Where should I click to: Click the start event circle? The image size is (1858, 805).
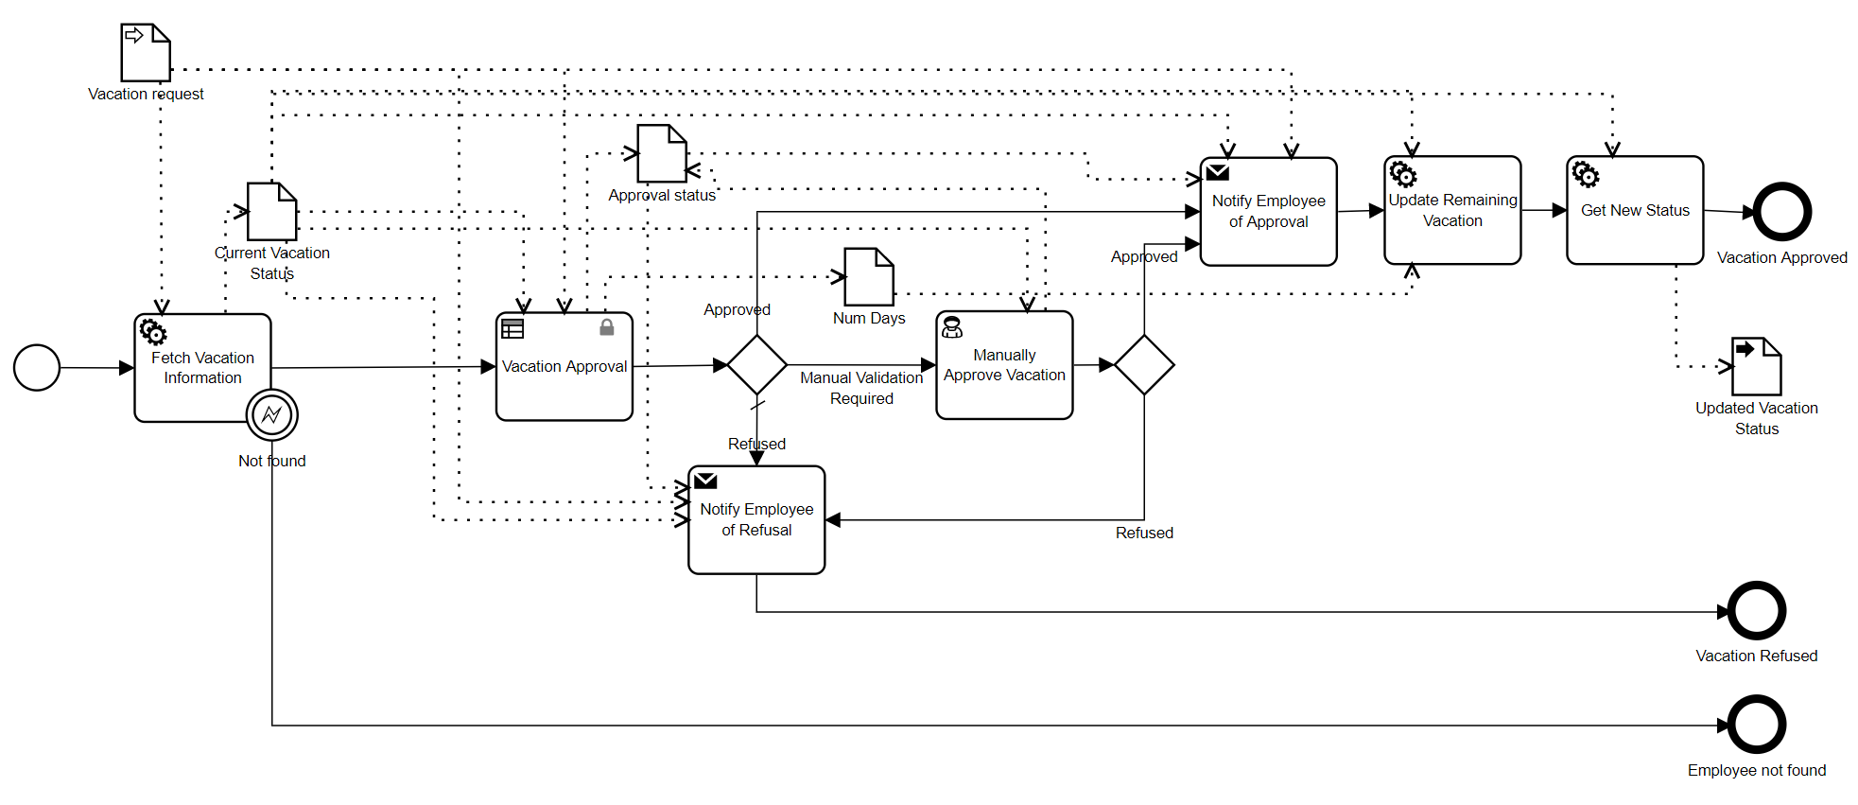coord(37,368)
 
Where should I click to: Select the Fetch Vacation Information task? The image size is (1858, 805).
coord(202,367)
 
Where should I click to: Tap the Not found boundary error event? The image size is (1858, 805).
coord(272,414)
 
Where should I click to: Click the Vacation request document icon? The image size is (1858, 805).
coord(146,53)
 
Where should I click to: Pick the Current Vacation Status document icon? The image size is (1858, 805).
coord(272,212)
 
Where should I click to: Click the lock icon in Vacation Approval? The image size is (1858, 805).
coord(607,327)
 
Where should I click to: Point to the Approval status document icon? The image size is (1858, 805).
coord(662,153)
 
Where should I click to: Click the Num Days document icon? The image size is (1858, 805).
coord(869,276)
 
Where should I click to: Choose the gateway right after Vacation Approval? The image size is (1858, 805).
coord(756,364)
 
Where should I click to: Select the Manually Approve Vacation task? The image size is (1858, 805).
coord(1004,365)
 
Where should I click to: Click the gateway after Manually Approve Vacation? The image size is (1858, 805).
coord(1144,364)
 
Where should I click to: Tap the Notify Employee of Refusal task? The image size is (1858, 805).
coord(756,519)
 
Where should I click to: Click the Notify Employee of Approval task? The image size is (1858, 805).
coord(1268,211)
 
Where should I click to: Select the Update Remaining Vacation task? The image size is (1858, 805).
coord(1452,210)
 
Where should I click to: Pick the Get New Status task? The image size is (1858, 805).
coord(1635,210)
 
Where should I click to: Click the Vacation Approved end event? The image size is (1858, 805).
coord(1782,212)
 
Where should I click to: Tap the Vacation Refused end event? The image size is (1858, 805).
coord(1757,611)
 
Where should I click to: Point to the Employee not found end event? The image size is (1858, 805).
coord(1757,726)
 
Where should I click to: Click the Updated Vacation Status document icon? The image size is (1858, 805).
coord(1757,366)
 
